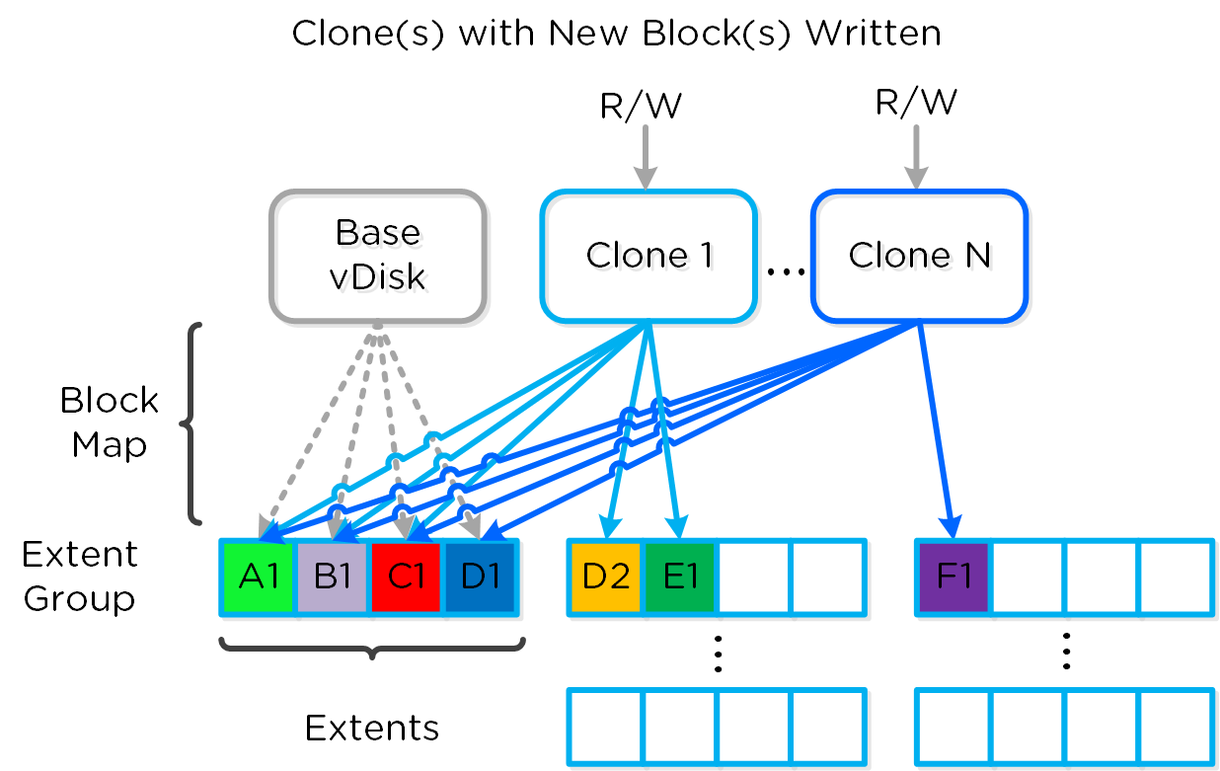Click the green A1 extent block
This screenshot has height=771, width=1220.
258,578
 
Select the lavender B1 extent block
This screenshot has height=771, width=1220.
333,578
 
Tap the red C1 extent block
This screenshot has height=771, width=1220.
407,578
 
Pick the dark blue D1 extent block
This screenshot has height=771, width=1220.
481,578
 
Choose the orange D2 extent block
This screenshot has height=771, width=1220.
606,578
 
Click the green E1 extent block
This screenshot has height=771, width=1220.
679,578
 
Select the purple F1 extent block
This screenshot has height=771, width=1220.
953,578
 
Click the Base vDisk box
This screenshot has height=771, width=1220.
377,256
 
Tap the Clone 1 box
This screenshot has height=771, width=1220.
648,256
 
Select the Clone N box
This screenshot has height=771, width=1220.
919,256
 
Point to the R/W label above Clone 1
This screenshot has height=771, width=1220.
642,106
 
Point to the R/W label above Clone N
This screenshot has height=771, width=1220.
916,102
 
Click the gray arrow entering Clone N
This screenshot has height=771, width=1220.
916,158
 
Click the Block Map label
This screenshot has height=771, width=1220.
109,423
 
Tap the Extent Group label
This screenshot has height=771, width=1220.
80,577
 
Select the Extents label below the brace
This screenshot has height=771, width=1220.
372,728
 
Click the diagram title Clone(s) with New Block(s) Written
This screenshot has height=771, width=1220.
616,33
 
